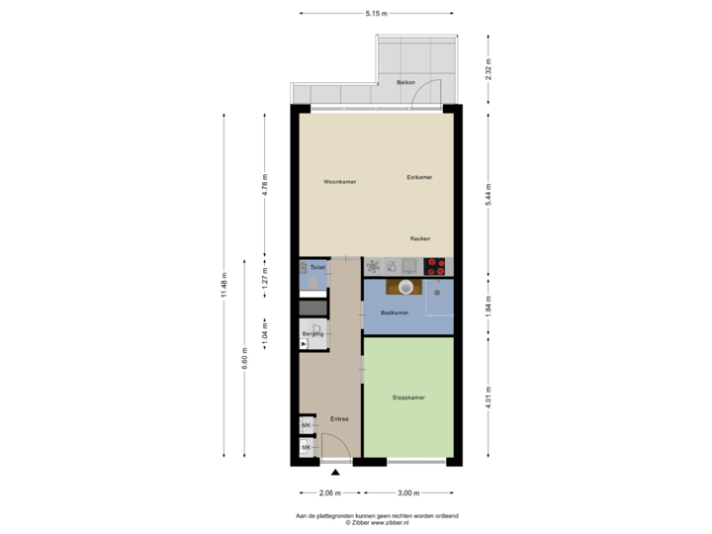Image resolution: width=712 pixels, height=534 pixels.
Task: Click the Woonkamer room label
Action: (339, 182)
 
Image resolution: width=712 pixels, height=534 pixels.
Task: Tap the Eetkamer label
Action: (419, 177)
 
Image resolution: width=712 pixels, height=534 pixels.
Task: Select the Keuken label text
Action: (420, 238)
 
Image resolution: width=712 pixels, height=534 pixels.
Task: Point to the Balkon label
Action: (404, 82)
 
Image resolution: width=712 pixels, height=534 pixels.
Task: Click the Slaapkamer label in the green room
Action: (409, 397)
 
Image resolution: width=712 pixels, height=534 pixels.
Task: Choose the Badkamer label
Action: (395, 313)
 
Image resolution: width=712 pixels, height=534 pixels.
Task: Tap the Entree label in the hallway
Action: (339, 419)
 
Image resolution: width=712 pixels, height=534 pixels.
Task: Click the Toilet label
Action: (317, 268)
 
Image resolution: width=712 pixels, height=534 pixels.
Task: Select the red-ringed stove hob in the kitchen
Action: (437, 265)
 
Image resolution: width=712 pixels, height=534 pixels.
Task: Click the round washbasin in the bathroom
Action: (404, 287)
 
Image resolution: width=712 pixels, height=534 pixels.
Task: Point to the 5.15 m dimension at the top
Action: (376, 14)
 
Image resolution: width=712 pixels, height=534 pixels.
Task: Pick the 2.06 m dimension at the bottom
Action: (329, 492)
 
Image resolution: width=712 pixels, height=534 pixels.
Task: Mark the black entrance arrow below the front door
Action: (335, 473)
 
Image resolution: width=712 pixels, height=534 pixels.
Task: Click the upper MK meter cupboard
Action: (306, 425)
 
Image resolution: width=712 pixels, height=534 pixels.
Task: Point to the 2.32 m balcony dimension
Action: (489, 68)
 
